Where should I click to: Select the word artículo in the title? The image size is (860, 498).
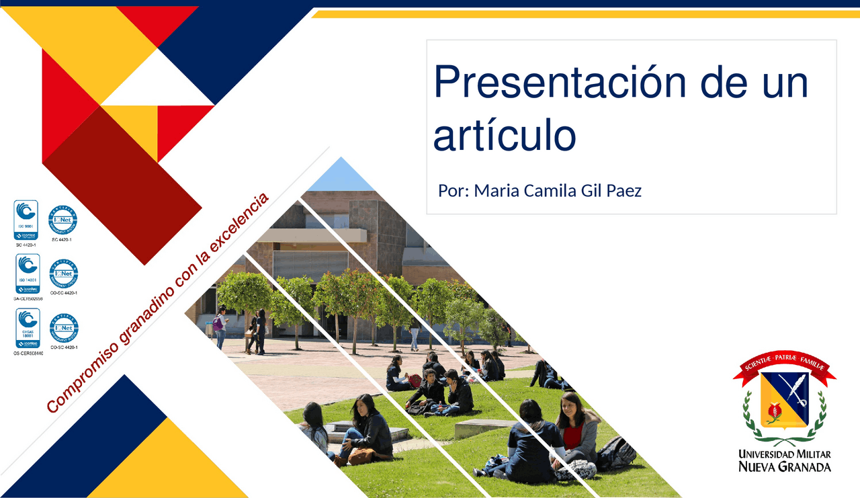point(505,135)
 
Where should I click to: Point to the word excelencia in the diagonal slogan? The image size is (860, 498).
point(239,225)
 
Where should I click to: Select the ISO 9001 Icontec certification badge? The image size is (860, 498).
point(26,220)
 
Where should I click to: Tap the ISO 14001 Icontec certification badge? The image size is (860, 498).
point(27,274)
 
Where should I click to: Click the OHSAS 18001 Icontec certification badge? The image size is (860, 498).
point(28,328)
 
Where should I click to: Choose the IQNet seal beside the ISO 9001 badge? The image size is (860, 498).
point(62,220)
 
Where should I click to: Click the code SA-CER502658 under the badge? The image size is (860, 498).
point(28,298)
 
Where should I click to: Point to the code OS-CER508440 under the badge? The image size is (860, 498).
point(28,353)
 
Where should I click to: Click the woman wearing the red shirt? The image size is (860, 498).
point(576,430)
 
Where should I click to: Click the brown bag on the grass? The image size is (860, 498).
point(361,456)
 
